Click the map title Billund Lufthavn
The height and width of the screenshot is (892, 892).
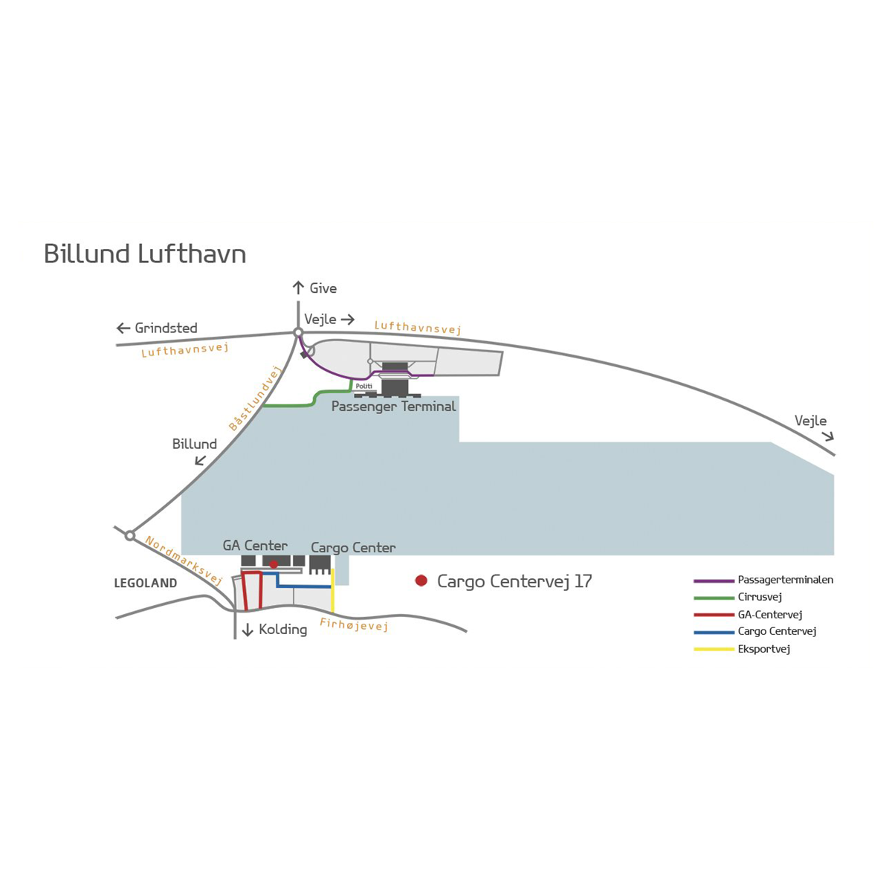coord(145,253)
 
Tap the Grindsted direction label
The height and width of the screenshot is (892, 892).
coord(166,328)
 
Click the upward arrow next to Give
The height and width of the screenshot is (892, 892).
coord(298,288)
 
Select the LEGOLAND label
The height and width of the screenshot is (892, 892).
coord(146,583)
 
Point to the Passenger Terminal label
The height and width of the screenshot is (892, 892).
coord(393,407)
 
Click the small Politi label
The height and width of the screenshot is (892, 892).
coord(363,387)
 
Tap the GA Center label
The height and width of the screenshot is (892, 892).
coord(255,546)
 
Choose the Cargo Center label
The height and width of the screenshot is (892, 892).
coord(353,548)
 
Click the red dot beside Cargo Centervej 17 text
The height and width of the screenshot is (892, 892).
coord(421,581)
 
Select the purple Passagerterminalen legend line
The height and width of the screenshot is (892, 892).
coord(714,581)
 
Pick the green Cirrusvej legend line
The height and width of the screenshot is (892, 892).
coord(714,598)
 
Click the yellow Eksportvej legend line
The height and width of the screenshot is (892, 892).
coord(714,650)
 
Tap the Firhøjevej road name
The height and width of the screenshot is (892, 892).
coord(354,625)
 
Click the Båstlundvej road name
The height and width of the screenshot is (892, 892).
coord(256,398)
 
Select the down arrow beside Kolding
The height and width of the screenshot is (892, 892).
coord(248,630)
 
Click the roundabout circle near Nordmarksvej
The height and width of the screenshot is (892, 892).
coord(130,535)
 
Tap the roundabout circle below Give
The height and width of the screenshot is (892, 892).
coord(298,332)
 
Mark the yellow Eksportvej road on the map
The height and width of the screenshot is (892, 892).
coord(332,591)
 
